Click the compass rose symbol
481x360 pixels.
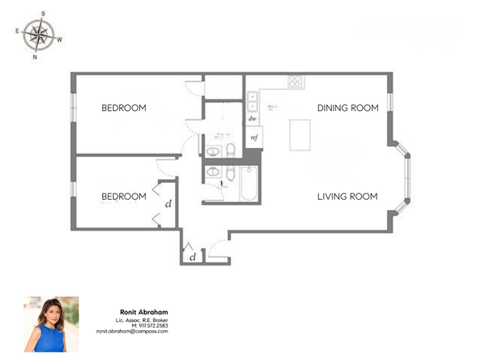pyautogui.click(x=36, y=35)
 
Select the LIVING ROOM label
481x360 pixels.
pyautogui.click(x=347, y=196)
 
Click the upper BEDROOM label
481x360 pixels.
pyautogui.click(x=123, y=108)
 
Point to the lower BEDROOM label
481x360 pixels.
pyautogui.click(x=123, y=196)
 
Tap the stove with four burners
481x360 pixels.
pyautogui.click(x=296, y=82)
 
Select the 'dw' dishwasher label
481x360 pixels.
pyautogui.click(x=253, y=118)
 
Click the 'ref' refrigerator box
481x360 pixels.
pyautogui.click(x=253, y=138)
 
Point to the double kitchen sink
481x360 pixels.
pyautogui.click(x=253, y=100)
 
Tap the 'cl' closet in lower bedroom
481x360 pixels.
pyautogui.click(x=168, y=204)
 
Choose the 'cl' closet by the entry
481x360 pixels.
pyautogui.click(x=192, y=256)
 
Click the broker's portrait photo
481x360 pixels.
pyautogui.click(x=52, y=324)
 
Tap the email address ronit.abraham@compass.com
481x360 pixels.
pyautogui.click(x=132, y=332)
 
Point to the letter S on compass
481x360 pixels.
pyautogui.click(x=41, y=13)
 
